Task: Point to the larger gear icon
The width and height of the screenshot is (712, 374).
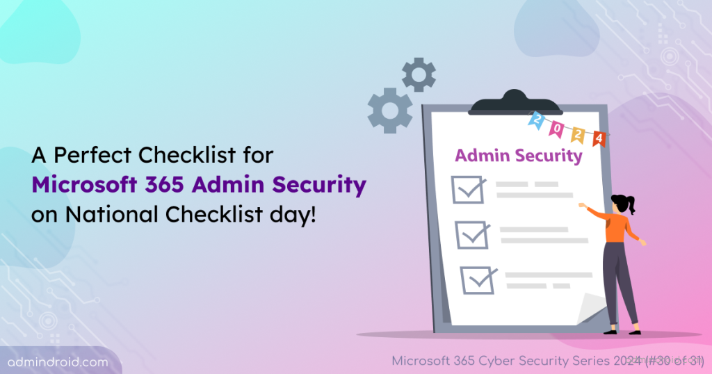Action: [389, 111]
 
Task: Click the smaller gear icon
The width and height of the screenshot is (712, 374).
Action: [419, 75]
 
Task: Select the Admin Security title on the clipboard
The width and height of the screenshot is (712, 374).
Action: [518, 156]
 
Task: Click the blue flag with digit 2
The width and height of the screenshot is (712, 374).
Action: [536, 120]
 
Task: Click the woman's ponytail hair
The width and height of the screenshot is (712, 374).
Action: [631, 204]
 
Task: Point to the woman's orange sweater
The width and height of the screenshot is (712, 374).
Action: [615, 226]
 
